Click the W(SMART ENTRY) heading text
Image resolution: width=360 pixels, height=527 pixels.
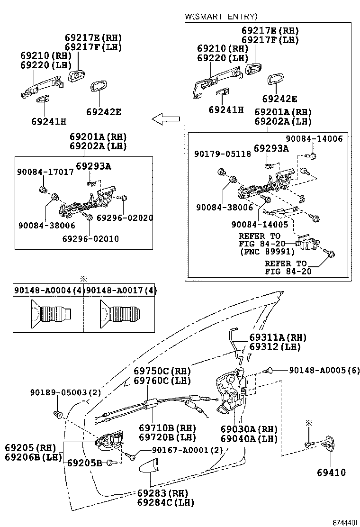[221, 17]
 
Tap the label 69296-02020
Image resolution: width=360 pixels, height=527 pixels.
[125, 218]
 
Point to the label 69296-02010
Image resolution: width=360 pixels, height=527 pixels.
[90, 239]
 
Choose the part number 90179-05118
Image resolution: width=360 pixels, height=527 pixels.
[223, 154]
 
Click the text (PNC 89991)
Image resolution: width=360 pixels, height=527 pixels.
[267, 252]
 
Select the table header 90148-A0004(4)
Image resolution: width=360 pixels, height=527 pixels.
[48, 290]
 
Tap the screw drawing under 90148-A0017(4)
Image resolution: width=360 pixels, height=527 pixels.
[119, 315]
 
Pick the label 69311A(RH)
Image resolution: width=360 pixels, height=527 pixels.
[278, 337]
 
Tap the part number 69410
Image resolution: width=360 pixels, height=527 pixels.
[332, 472]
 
